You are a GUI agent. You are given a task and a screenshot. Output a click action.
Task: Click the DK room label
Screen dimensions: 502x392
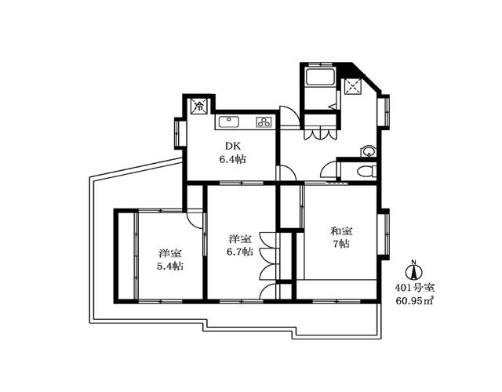(232, 147)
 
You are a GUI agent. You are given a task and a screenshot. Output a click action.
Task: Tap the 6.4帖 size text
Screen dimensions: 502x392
(232, 159)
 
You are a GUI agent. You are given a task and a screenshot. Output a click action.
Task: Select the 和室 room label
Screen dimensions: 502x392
(341, 230)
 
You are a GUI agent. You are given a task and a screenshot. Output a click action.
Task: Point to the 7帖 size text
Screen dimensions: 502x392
(341, 244)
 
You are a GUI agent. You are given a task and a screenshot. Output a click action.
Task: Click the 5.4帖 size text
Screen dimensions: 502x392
(170, 266)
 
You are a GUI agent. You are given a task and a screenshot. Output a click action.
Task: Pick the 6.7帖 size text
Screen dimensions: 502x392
(240, 252)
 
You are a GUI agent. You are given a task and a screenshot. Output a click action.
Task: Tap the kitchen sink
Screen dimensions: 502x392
(228, 122)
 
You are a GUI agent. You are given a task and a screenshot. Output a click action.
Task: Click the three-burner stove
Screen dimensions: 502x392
(264, 122)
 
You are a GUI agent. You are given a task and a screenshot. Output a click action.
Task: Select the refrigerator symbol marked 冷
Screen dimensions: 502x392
(199, 106)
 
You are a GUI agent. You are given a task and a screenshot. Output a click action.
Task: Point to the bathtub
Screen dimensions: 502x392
(320, 77)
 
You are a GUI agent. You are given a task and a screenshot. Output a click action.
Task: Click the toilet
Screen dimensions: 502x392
(366, 171)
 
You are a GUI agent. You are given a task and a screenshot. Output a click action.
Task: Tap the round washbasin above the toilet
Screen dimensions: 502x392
(369, 151)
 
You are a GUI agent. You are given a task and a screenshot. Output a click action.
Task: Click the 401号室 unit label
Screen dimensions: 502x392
(414, 288)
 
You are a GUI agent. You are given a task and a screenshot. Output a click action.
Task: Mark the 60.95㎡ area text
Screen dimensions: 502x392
(414, 301)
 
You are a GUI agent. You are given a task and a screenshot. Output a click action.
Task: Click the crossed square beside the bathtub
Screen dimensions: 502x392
(352, 86)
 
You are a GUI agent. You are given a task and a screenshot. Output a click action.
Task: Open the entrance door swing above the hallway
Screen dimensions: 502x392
(289, 116)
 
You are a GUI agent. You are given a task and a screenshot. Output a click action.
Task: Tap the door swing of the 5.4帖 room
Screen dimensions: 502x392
(195, 219)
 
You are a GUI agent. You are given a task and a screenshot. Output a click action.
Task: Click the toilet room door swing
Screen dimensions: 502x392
(329, 169)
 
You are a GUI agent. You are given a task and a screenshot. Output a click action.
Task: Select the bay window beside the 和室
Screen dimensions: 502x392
(384, 234)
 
